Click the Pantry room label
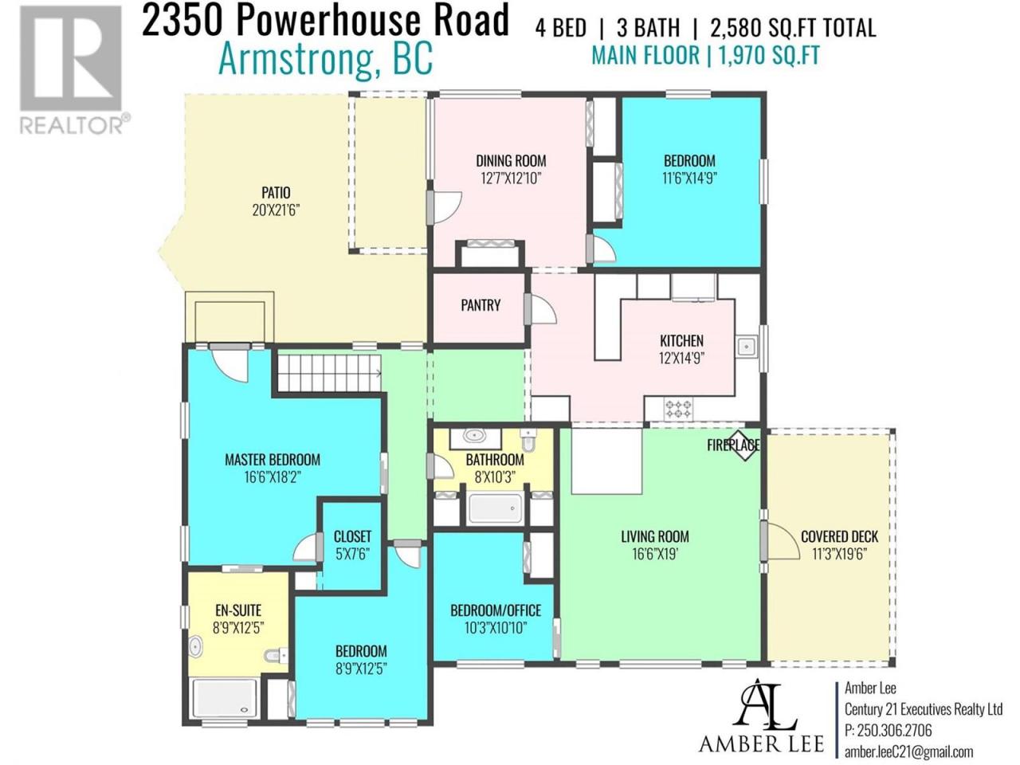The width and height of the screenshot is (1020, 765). click(481, 305)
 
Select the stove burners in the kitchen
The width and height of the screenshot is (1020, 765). click(678, 408)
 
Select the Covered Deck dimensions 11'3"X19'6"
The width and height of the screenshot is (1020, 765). click(840, 554)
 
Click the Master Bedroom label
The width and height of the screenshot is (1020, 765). click(273, 460)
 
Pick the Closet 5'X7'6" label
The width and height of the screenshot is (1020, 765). click(352, 545)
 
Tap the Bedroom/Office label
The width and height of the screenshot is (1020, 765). click(496, 610)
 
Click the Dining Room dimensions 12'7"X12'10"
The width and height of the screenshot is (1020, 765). click(511, 178)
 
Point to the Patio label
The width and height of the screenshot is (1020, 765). click(276, 192)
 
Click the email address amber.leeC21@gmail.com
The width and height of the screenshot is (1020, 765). click(908, 752)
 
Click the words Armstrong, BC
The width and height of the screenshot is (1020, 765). click(326, 59)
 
